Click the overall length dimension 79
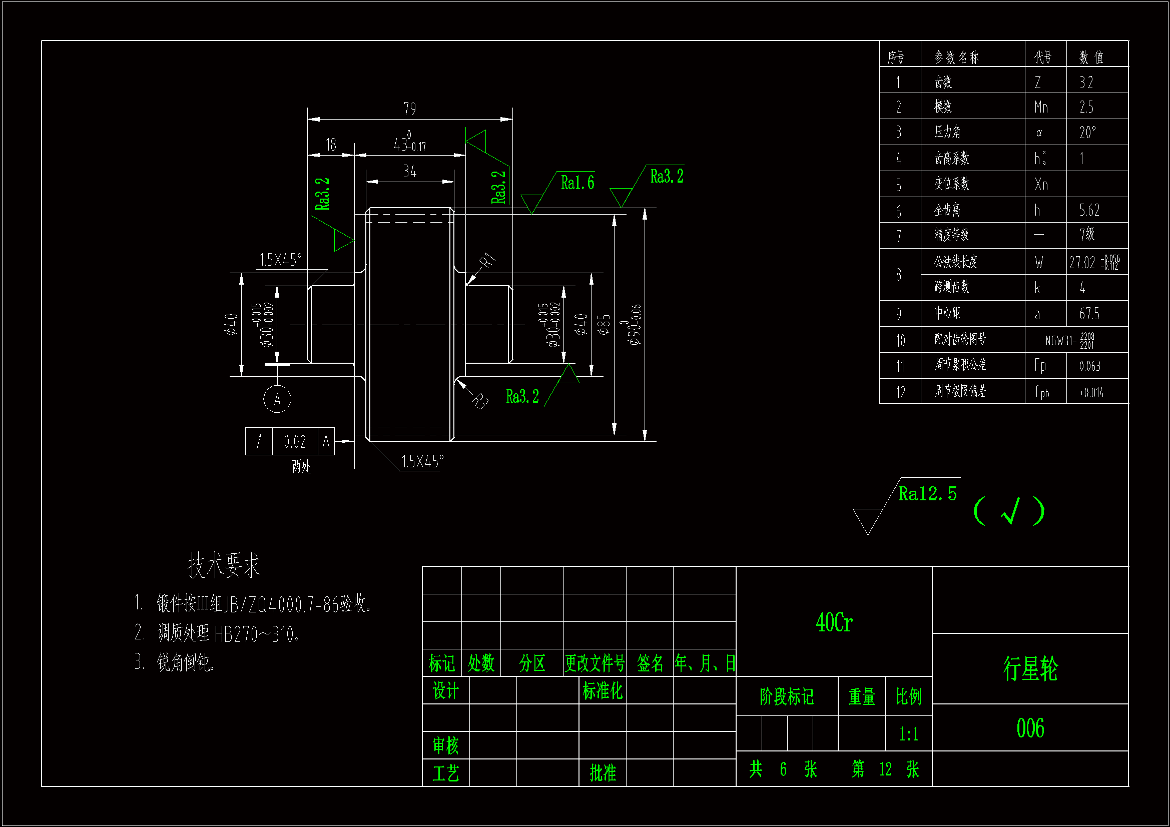pyautogui.click(x=410, y=109)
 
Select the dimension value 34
pyautogui.click(x=410, y=172)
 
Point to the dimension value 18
pyautogui.click(x=331, y=145)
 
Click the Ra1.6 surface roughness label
pyautogui.click(x=577, y=183)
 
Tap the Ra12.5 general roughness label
pyautogui.click(x=927, y=494)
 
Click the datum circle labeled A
pyautogui.click(x=277, y=399)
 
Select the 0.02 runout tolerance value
pyautogui.click(x=295, y=442)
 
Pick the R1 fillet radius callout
pyautogui.click(x=488, y=261)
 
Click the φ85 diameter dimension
pyautogui.click(x=604, y=325)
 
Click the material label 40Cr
pyautogui.click(x=834, y=623)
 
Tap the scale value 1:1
pyautogui.click(x=909, y=734)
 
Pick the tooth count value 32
pyautogui.click(x=1086, y=83)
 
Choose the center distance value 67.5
pyautogui.click(x=1089, y=314)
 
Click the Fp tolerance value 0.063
pyautogui.click(x=1089, y=366)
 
